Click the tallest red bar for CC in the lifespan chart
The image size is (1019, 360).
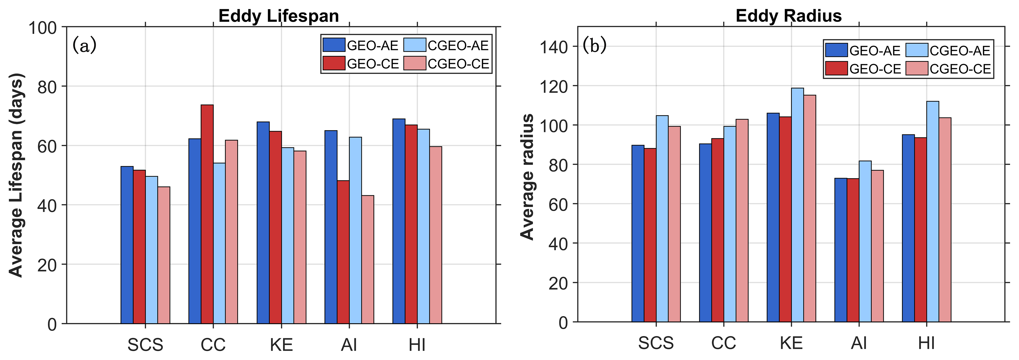tap(207, 214)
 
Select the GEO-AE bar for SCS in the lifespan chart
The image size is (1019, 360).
tap(127, 245)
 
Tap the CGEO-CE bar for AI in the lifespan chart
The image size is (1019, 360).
tap(367, 259)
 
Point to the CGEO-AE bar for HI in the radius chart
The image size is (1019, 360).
tap(932, 212)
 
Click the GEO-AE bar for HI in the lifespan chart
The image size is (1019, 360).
tap(399, 221)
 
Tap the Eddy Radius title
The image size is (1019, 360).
tap(788, 16)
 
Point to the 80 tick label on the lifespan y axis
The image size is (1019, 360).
tap(47, 87)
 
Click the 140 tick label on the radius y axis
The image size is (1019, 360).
tap(553, 47)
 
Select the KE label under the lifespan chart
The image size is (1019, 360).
tap(281, 345)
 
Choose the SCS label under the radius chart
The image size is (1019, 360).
tap(656, 343)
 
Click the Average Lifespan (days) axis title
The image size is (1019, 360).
tap(17, 175)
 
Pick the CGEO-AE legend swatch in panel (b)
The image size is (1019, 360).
tap(916, 50)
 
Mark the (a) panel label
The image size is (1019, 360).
tap(84, 46)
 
